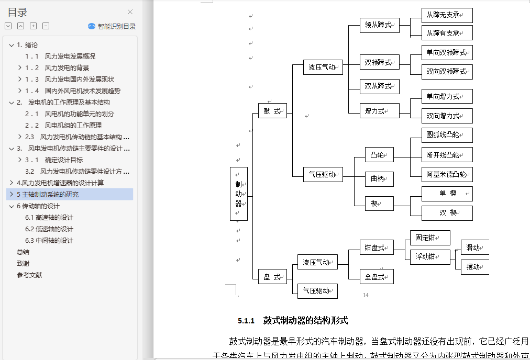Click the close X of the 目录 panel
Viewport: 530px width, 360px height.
(x=130, y=12)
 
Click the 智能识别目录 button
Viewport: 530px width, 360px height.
(x=112, y=26)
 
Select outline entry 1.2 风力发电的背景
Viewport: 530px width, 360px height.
(x=67, y=67)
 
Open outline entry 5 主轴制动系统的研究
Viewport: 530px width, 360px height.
(x=48, y=194)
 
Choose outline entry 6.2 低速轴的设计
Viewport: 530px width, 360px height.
(x=54, y=229)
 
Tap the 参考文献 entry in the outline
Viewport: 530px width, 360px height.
(x=29, y=275)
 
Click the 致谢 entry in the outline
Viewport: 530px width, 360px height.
(x=23, y=263)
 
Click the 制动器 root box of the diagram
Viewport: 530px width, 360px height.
(x=238, y=194)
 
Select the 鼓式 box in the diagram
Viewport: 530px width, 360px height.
(x=272, y=111)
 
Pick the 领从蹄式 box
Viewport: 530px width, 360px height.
(x=379, y=25)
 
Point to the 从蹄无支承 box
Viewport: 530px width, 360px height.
(x=447, y=15)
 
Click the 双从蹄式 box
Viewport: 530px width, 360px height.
(x=379, y=86)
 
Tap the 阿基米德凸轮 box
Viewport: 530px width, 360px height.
(x=447, y=174)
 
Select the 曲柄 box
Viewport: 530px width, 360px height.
(x=379, y=179)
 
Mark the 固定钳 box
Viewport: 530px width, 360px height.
(x=429, y=238)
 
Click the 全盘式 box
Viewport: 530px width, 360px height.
(x=376, y=277)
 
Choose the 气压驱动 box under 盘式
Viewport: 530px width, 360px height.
(x=317, y=291)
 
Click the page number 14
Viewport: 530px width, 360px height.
(x=366, y=295)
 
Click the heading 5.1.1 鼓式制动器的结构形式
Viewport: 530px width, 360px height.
(x=293, y=320)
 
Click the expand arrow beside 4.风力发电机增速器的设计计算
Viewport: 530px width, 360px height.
(x=12, y=183)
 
